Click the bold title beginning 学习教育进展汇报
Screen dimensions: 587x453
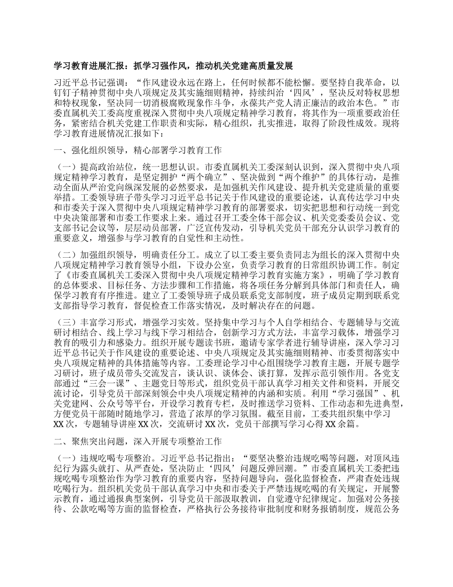tap(173, 65)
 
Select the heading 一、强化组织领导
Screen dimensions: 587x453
tap(138, 151)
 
